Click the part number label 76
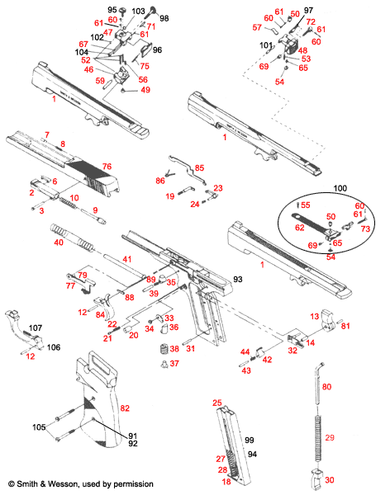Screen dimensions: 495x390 106,167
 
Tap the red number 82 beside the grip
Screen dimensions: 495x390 126,408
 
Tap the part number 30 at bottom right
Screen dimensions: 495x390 330,480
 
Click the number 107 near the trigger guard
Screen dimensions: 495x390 36,328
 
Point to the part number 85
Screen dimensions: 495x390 199,167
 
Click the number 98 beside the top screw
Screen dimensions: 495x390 164,18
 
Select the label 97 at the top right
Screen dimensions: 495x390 308,11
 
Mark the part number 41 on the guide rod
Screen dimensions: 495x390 127,260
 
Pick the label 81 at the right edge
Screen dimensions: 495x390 345,326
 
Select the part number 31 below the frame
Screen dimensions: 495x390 191,349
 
